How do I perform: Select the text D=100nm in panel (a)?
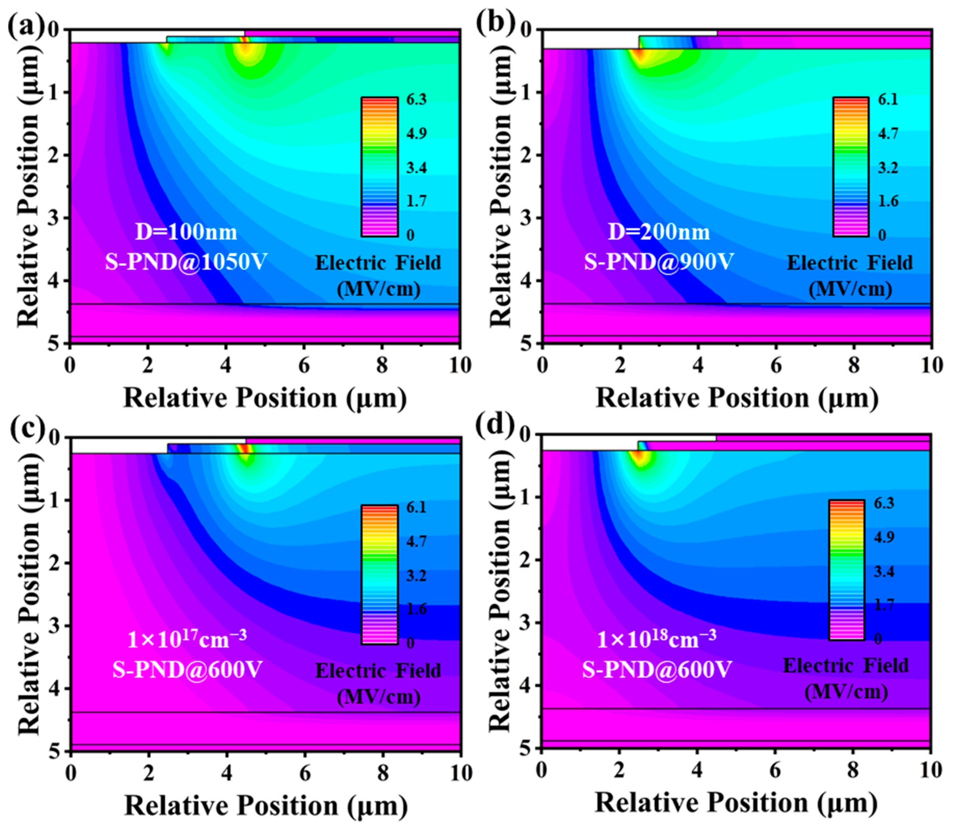tap(186, 232)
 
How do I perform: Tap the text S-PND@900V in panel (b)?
tap(659, 262)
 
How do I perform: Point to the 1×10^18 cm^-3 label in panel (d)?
tap(657, 639)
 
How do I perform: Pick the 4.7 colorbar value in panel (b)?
tap(888, 134)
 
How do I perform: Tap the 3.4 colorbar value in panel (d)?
tap(884, 572)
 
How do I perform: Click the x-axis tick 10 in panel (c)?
tap(460, 773)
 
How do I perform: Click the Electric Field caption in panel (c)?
tap(378, 671)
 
